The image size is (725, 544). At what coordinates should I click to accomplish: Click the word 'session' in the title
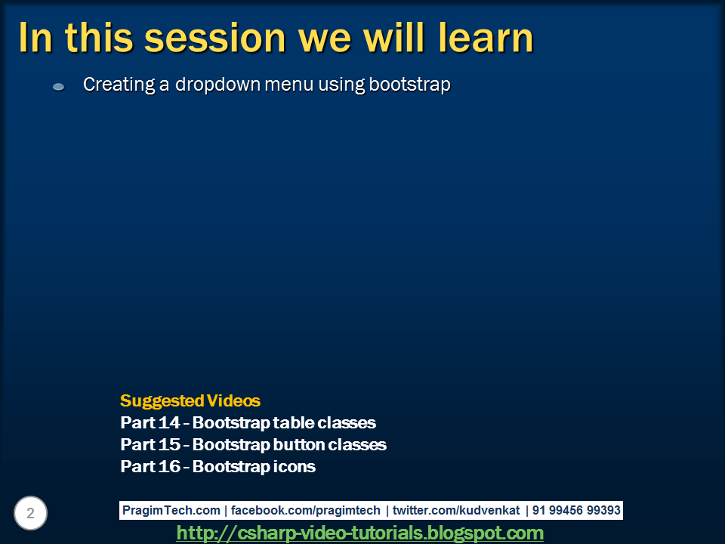215,38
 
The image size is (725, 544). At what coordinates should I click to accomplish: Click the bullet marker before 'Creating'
59,86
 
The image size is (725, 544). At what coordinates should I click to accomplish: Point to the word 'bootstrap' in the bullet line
409,85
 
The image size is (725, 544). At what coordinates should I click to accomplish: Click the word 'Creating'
119,85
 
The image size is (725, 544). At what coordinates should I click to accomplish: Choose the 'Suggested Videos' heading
190,400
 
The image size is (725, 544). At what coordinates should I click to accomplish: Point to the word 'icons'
294,466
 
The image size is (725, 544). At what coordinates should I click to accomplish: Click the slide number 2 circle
30,513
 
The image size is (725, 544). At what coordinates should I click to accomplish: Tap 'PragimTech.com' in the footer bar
171,510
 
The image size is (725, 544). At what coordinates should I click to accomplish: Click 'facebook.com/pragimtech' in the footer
306,510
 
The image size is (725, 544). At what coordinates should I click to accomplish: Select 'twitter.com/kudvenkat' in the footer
456,510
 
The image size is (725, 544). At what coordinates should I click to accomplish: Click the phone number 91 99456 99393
576,510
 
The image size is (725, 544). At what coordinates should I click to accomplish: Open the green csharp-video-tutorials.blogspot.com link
359,533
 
